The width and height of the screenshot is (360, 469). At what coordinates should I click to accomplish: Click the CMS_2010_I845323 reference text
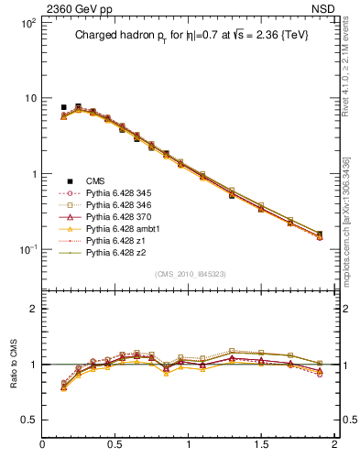[x=188, y=272]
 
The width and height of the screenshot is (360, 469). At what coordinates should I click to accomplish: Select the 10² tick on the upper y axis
[x=27, y=22]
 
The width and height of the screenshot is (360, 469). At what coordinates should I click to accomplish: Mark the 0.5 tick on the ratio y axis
[x=29, y=420]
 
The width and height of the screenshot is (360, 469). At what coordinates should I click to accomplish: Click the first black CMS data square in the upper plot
[x=63, y=107]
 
